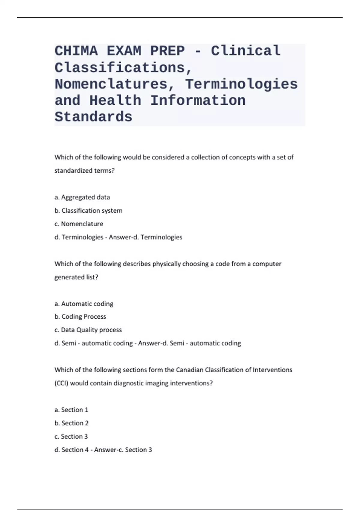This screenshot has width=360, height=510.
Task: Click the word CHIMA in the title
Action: [76, 51]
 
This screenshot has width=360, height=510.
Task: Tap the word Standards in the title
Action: [93, 117]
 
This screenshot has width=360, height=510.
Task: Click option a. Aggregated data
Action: [82, 197]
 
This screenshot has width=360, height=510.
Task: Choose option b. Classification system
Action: [88, 211]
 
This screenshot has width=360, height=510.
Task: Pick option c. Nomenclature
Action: [79, 224]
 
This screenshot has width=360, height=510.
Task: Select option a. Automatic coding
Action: [84, 304]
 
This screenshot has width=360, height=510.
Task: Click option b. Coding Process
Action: [80, 316]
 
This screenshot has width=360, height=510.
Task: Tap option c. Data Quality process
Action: [88, 330]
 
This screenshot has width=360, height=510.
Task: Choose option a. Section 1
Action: [71, 410]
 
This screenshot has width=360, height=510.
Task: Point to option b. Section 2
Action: [72, 423]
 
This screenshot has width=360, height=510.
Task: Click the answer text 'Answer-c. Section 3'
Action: [123, 450]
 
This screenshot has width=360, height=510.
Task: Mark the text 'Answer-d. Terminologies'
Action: [145, 237]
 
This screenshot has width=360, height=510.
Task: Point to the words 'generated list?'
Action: [76, 277]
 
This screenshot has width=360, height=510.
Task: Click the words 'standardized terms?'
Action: [85, 170]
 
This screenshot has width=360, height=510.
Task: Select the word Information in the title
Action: [198, 100]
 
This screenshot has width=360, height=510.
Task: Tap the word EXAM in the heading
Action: [124, 51]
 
